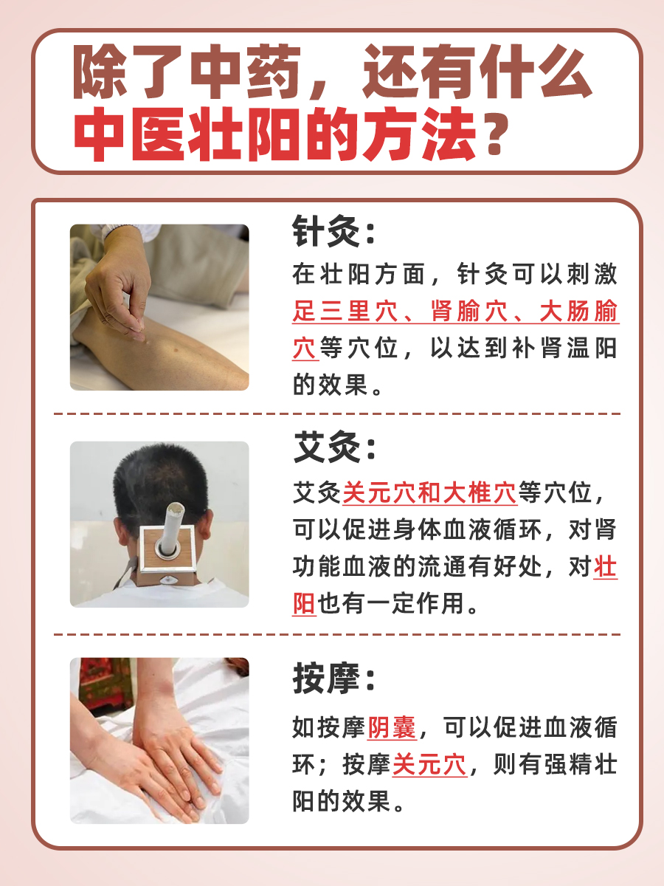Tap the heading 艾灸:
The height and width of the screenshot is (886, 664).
(334, 449)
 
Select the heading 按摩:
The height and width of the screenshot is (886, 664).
(334, 678)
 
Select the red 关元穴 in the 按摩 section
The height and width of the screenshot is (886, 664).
(429, 765)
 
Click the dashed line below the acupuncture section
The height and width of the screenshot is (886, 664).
(336, 414)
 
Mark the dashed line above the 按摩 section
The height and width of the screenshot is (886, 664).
(336, 634)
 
